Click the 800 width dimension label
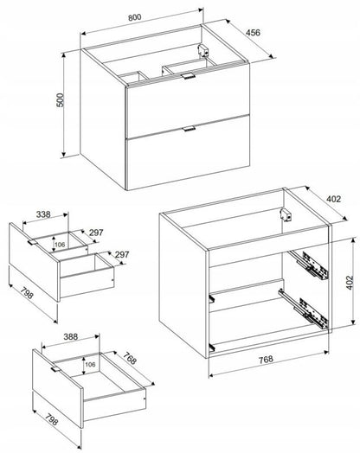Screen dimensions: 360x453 (135, 17)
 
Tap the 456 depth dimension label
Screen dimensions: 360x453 (253, 32)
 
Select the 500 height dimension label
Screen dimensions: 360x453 (61, 100)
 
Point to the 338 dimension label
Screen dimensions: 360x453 (43, 214)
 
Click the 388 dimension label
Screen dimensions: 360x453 (71, 336)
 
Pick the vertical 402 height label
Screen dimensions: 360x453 (350, 283)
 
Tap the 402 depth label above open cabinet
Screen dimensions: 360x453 (334, 199)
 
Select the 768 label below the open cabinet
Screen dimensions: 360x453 (266, 359)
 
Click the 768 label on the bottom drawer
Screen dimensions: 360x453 (129, 359)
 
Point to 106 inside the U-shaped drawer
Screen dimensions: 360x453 (60, 245)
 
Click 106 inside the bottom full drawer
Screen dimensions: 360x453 (90, 364)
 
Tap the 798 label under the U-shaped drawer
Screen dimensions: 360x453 (27, 294)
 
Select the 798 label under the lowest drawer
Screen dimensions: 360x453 (52, 419)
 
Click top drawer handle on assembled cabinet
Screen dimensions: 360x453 (189, 76)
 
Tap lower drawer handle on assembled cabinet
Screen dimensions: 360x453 (190, 129)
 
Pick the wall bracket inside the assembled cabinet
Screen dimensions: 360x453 (202, 50)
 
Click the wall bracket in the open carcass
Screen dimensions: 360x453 (286, 215)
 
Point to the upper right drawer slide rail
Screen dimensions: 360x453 (310, 265)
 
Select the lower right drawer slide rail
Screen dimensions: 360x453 (304, 309)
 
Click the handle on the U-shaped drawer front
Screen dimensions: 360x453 (32, 242)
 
